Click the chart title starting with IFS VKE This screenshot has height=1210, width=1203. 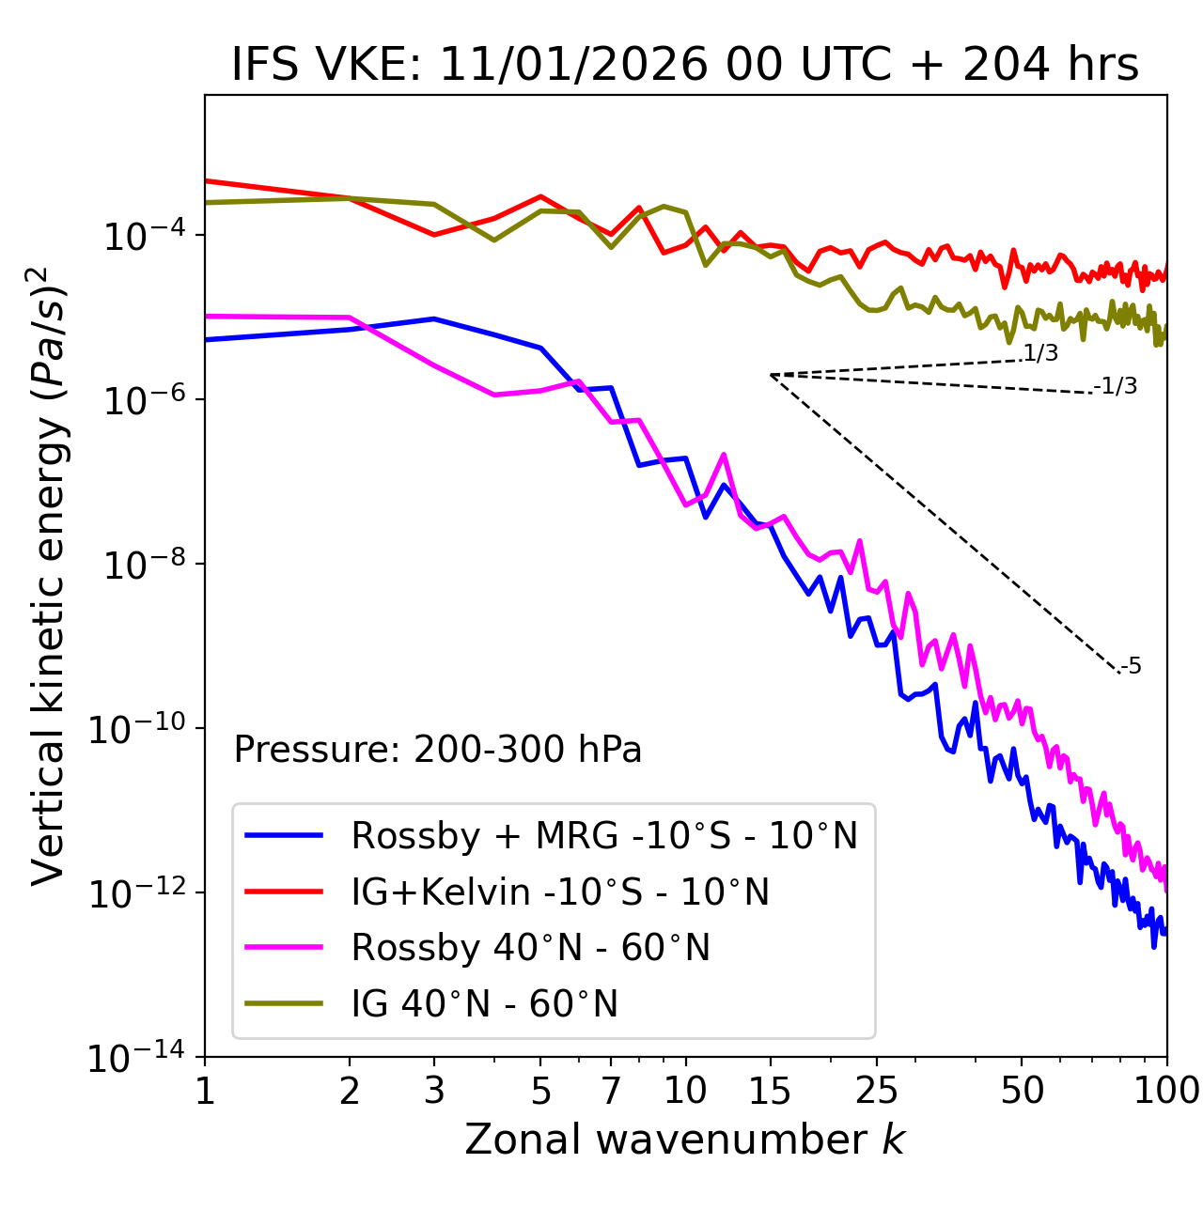[685, 66]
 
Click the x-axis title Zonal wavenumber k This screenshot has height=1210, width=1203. [685, 1140]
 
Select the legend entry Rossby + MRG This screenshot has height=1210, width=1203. [604, 835]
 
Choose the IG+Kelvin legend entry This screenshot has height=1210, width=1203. [560, 892]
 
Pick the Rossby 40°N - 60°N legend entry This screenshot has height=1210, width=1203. [530, 948]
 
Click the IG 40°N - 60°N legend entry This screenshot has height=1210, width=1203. [484, 1004]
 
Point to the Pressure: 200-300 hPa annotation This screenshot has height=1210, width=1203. [438, 750]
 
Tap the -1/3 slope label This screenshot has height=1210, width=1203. [1116, 386]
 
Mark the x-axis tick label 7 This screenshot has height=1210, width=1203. [611, 1091]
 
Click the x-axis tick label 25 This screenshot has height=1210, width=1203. [876, 1091]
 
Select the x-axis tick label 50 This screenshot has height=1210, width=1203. [1022, 1091]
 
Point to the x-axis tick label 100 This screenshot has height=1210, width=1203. [1165, 1091]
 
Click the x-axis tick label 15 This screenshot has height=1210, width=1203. [770, 1091]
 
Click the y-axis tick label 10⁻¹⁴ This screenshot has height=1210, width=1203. [136, 1058]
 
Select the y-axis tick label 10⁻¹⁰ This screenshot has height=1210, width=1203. [136, 728]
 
